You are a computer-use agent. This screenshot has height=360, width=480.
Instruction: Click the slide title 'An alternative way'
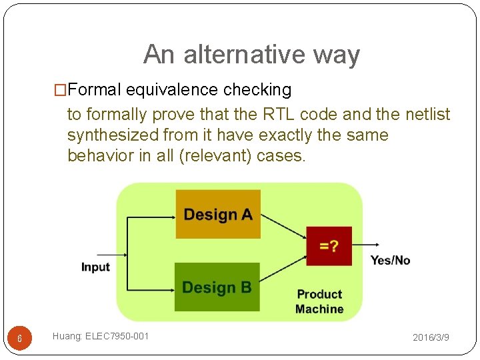click(x=251, y=55)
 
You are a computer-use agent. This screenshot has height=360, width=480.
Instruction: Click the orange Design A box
click(x=218, y=214)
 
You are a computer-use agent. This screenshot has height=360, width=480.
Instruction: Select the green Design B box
click(x=217, y=287)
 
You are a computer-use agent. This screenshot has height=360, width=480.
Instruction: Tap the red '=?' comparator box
click(x=329, y=247)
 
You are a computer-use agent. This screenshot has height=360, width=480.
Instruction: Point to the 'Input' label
click(x=95, y=267)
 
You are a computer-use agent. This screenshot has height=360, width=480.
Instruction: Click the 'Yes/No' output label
click(x=390, y=260)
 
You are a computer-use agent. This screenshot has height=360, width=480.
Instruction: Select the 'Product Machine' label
click(x=319, y=301)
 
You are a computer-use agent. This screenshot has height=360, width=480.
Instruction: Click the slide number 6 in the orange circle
click(x=19, y=339)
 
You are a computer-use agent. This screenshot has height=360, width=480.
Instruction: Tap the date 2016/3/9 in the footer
click(x=431, y=338)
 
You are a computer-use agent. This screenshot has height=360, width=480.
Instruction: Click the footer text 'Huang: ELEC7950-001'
click(x=101, y=337)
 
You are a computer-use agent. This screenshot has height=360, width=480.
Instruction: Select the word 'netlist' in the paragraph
click(x=427, y=114)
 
